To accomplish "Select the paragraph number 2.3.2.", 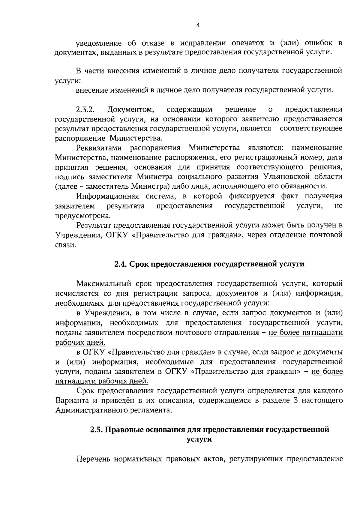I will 84,109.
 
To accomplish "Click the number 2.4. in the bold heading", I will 121,264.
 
